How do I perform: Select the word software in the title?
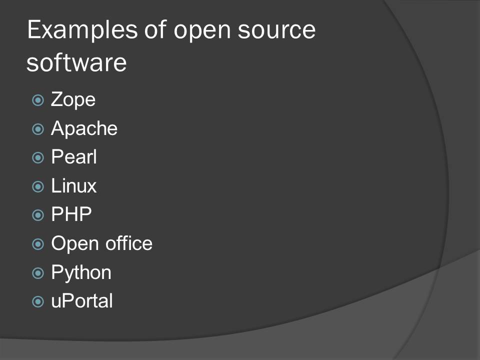(76, 62)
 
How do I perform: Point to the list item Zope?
(73, 100)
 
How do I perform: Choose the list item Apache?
(84, 128)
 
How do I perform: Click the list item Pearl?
(74, 156)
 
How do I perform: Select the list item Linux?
(74, 185)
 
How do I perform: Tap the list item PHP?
(71, 214)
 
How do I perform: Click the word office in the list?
(129, 243)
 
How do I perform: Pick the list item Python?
(81, 272)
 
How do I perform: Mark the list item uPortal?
(82, 301)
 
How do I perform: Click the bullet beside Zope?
(38, 100)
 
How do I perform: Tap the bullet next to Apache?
(38, 129)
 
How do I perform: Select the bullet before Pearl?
(38, 157)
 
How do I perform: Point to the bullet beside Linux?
(38, 186)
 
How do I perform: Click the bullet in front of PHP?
(38, 215)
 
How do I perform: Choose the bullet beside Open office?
(38, 244)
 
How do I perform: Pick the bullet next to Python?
(38, 273)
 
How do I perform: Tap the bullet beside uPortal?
(38, 301)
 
